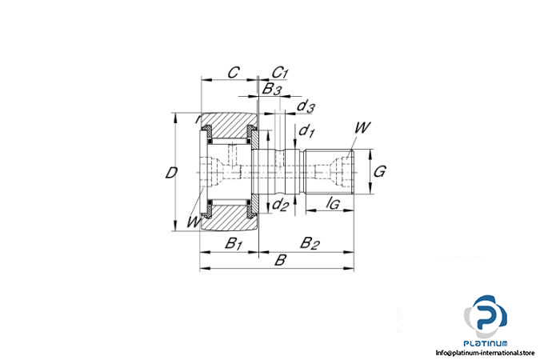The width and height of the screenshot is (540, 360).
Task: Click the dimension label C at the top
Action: click(232, 72)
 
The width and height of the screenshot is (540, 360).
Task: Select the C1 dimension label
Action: click(280, 73)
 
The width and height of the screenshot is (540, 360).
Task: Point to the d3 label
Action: click(306, 106)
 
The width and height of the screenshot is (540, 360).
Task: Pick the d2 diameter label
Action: click(280, 206)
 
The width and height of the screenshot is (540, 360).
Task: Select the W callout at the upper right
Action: click(362, 127)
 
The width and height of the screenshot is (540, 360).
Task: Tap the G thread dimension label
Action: click(381, 171)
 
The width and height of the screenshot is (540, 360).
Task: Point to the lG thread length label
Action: click(334, 205)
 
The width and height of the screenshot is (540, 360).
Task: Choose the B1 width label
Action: click(233, 243)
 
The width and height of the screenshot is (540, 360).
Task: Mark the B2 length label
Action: click(310, 243)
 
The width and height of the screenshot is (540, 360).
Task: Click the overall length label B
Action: click(280, 260)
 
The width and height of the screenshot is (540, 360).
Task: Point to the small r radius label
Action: click(196, 119)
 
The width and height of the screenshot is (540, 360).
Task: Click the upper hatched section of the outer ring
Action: click(229, 125)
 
